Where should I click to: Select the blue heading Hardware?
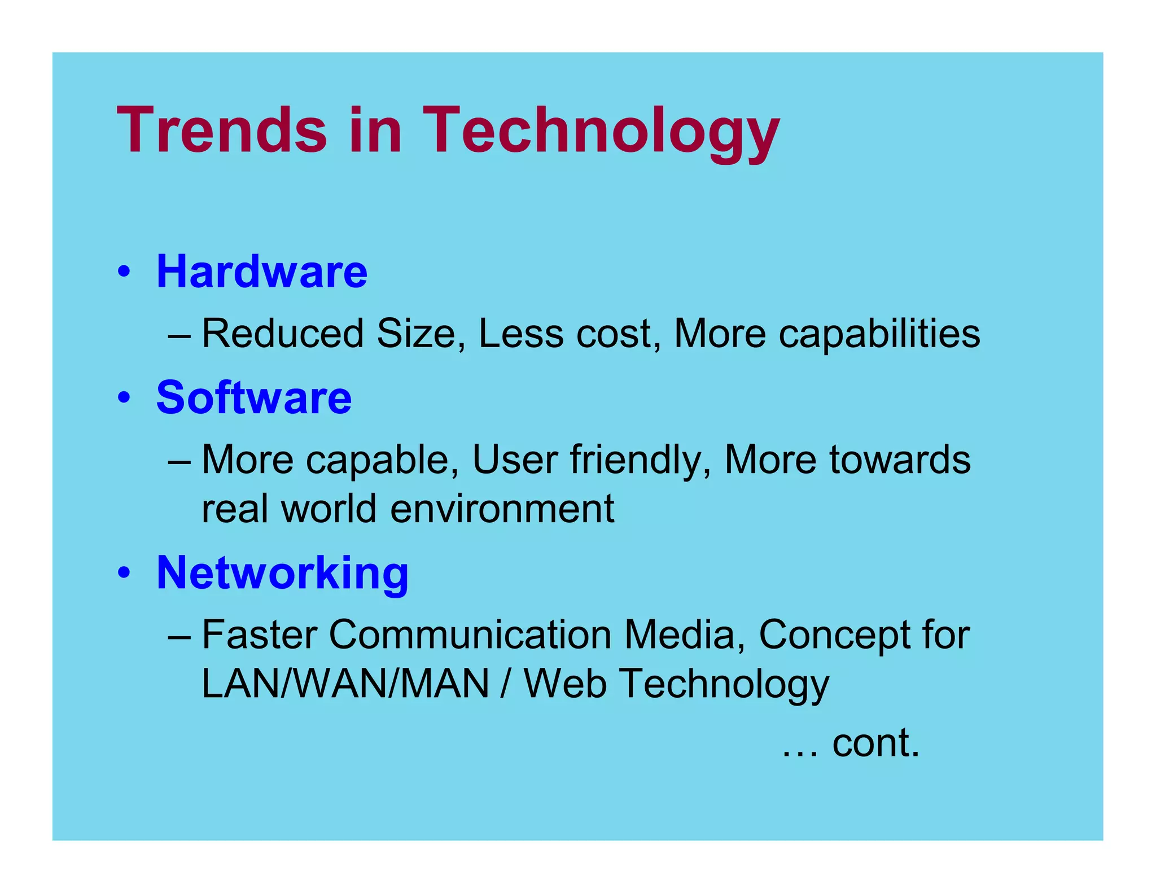(262, 272)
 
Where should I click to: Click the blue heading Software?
(254, 398)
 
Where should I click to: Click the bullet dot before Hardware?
(124, 272)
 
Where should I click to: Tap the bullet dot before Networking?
(124, 574)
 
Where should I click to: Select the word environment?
(502, 509)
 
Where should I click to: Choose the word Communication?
(470, 635)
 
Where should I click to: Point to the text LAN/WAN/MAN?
(345, 684)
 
